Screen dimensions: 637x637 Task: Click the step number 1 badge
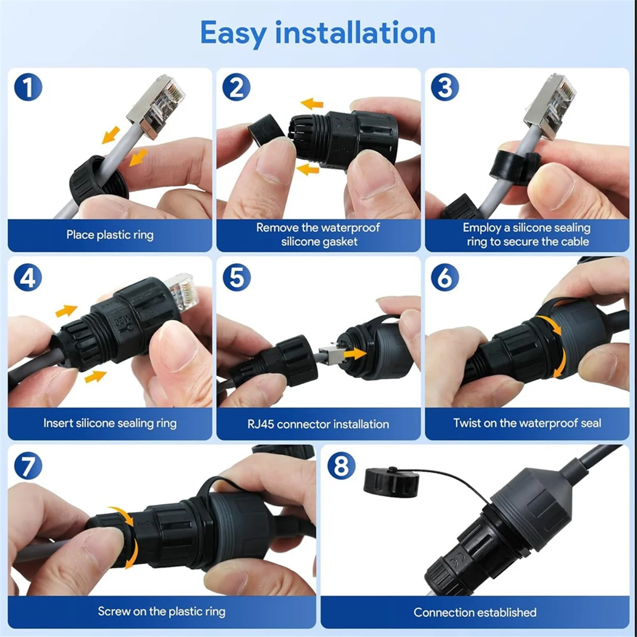pos(28,88)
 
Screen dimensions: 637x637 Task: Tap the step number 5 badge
pos(236,277)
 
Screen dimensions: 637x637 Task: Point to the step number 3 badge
pos(445,88)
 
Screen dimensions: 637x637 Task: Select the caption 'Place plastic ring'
pos(110,235)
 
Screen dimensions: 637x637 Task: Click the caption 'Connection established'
pos(475,612)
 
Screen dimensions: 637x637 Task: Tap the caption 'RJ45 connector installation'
pos(318,424)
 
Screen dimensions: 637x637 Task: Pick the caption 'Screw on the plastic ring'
pos(161,612)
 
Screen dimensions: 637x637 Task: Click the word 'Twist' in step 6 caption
pos(467,423)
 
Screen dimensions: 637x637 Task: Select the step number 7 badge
pos(28,466)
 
